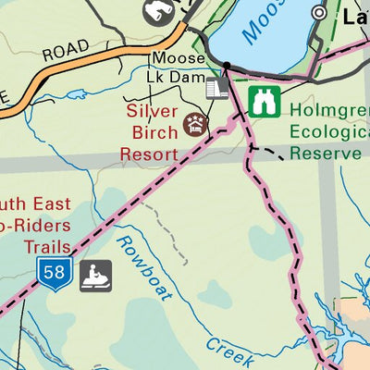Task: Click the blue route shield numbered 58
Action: pyautogui.click(x=55, y=275)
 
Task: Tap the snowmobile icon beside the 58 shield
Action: pyautogui.click(x=95, y=275)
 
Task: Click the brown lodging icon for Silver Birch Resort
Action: pyautogui.click(x=195, y=123)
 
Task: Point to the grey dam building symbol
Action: pyautogui.click(x=217, y=88)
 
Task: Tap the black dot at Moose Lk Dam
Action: pyautogui.click(x=226, y=65)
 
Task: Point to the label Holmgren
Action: pyautogui.click(x=328, y=110)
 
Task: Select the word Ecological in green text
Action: pyautogui.click(x=328, y=130)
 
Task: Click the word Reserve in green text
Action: pyautogui.click(x=324, y=151)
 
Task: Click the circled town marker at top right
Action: pyautogui.click(x=320, y=13)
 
